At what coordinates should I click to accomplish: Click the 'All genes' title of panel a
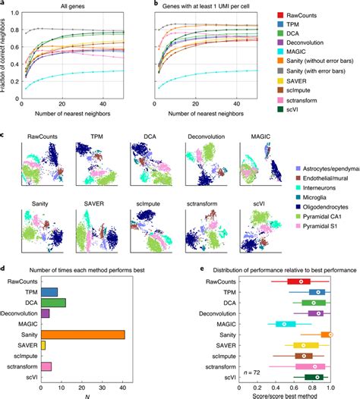tap(73, 6)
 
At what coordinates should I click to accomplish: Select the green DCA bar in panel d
tap(53, 303)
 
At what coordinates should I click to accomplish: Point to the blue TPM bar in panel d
tap(49, 292)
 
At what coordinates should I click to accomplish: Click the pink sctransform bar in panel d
tap(46, 366)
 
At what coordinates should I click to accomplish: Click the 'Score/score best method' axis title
tap(292, 394)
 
